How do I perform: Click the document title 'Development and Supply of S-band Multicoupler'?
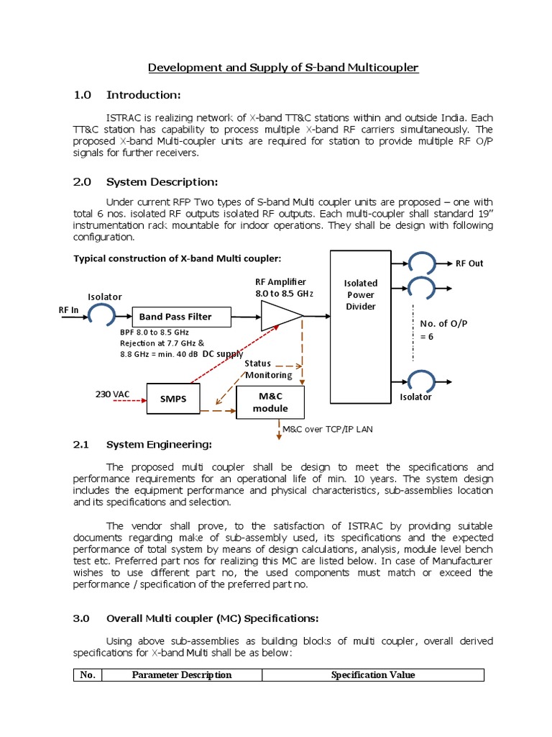[x=282, y=68]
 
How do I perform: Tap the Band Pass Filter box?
[x=180, y=316]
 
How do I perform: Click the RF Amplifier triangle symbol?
[x=280, y=315]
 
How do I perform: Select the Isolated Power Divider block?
[x=362, y=327]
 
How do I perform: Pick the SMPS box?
[x=173, y=399]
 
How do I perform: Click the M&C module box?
[x=270, y=402]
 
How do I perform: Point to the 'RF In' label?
[x=68, y=309]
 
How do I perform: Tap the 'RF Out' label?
[x=469, y=263]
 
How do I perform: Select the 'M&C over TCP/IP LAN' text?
[x=328, y=429]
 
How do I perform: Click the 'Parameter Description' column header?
[x=182, y=675]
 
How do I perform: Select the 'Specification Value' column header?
[x=372, y=675]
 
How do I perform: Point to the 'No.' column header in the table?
[x=88, y=675]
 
